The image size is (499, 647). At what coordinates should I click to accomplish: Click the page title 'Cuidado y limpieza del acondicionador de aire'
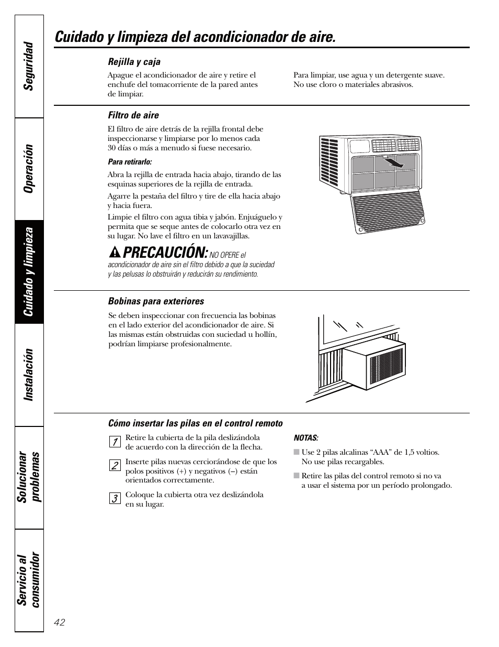click(195, 37)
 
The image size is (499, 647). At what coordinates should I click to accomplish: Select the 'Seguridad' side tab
click(29, 66)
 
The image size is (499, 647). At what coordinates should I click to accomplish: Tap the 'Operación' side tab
click(29, 169)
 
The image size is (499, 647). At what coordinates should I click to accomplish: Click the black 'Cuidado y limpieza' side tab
click(29, 271)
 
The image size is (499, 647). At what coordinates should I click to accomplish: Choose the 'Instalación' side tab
click(29, 375)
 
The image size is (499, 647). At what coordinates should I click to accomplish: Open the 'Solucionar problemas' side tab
click(29, 477)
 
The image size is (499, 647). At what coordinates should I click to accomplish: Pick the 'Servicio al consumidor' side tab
click(29, 579)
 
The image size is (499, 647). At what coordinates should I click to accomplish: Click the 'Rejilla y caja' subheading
click(134, 62)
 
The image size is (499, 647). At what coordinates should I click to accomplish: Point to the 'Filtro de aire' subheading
click(133, 115)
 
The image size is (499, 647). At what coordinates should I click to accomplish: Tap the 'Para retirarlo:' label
click(130, 162)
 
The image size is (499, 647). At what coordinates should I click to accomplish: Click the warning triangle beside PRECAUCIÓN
click(114, 253)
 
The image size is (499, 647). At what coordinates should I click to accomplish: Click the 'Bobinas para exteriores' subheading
click(156, 301)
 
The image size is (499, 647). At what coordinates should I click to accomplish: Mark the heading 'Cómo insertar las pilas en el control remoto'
click(195, 423)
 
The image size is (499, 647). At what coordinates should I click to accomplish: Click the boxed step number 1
click(114, 442)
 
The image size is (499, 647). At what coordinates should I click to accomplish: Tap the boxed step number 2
click(114, 465)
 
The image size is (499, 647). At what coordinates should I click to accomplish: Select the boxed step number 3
click(114, 498)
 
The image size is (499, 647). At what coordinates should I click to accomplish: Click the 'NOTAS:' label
click(306, 438)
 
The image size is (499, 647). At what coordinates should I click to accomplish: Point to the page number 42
click(59, 622)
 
